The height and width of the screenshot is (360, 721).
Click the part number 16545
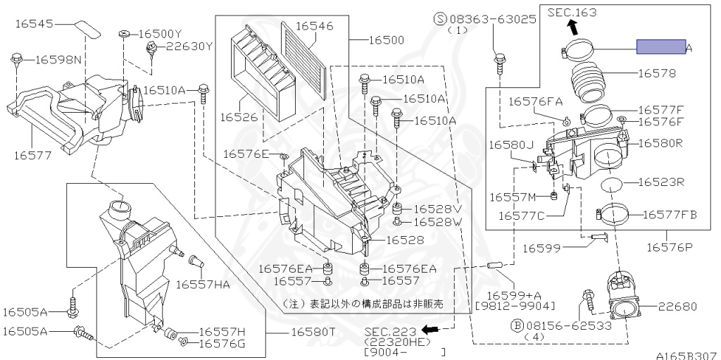pyautogui.click(x=35, y=23)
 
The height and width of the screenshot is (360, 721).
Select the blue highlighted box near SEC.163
pyautogui.click(x=661, y=46)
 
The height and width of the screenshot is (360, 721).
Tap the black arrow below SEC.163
pyautogui.click(x=572, y=27)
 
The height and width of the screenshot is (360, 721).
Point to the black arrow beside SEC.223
pyautogui.click(x=431, y=329)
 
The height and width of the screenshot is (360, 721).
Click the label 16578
pyautogui.click(x=657, y=73)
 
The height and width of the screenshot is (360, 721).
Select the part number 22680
pyautogui.click(x=677, y=306)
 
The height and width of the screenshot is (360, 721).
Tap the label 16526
pyautogui.click(x=238, y=118)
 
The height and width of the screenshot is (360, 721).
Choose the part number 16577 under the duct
pyautogui.click(x=32, y=155)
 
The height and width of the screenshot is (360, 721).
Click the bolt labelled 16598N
pyautogui.click(x=17, y=59)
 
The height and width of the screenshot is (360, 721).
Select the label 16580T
pyautogui.click(x=312, y=331)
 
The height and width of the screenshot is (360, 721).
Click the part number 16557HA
pyautogui.click(x=203, y=285)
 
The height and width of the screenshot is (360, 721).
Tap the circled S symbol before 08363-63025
pyautogui.click(x=441, y=19)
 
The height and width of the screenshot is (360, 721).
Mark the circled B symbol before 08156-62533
pyautogui.click(x=518, y=326)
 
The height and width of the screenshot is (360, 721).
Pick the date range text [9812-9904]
pyautogui.click(x=515, y=306)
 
